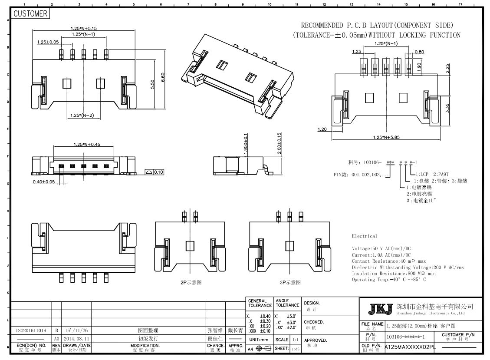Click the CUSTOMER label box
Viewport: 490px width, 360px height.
coord(30,14)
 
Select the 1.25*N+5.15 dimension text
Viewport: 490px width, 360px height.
coord(84,29)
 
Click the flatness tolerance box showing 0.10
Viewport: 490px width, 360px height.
coord(158,172)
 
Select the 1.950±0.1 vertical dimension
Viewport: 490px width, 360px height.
coord(246,144)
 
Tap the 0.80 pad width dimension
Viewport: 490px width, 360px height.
coord(419,52)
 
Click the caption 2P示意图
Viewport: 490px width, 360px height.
coord(191,283)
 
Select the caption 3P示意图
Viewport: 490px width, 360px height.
coord(290,283)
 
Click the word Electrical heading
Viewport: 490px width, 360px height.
coord(365,236)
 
